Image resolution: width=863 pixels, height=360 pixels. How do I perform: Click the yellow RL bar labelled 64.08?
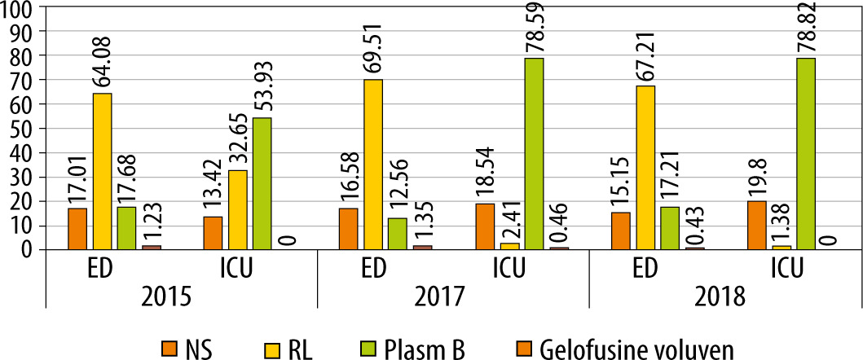[x=102, y=171]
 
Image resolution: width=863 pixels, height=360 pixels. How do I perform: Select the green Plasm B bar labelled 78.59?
[x=533, y=154]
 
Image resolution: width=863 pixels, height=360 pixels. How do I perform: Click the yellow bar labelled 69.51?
[x=373, y=164]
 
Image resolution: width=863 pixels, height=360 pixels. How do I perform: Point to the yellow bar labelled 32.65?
[x=237, y=209]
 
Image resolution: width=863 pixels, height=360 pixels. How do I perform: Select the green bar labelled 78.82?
[x=805, y=154]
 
